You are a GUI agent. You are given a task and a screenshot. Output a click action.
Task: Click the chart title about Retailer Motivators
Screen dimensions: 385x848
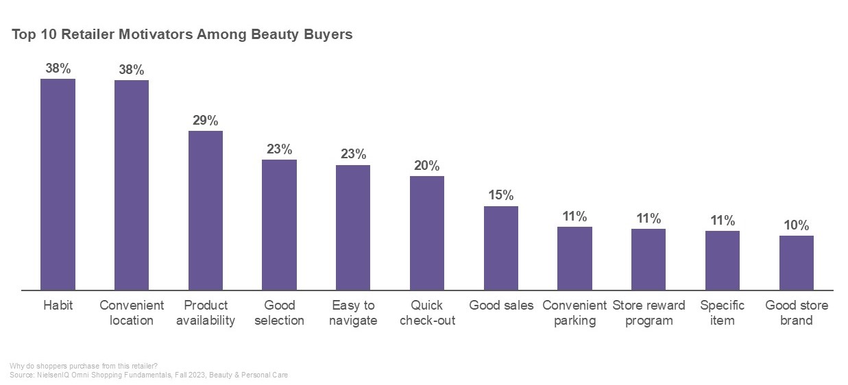[x=182, y=35]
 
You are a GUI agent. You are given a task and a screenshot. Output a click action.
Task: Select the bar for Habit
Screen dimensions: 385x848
[x=58, y=184]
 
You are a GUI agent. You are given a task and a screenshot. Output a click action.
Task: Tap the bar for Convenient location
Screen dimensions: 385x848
[x=132, y=185]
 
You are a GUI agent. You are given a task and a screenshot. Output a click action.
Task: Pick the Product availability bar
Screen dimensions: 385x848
[x=206, y=210]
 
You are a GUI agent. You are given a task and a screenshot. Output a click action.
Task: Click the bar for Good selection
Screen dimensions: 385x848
[x=279, y=225]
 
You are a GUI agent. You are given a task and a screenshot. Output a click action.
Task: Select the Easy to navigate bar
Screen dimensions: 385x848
[x=353, y=227]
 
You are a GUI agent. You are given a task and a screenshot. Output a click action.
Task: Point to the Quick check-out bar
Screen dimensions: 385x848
[x=427, y=233]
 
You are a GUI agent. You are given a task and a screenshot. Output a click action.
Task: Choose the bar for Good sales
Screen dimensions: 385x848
[x=501, y=248]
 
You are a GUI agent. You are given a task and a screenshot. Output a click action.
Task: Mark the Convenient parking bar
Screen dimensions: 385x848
[x=574, y=258]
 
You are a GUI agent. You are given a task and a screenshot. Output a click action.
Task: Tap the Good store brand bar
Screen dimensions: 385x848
[x=797, y=263]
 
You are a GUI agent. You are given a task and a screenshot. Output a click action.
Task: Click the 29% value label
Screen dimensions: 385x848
[x=206, y=121]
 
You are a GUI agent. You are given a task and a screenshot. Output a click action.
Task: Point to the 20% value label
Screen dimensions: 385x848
[x=427, y=166]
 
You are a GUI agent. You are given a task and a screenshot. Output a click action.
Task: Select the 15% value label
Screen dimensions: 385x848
[x=501, y=195]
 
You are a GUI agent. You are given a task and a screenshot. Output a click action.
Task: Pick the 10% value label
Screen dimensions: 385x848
[x=797, y=225]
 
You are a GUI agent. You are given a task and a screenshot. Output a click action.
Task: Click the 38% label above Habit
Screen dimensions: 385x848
[x=58, y=69]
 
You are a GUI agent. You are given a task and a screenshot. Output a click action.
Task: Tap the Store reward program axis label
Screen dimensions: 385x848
[x=649, y=313]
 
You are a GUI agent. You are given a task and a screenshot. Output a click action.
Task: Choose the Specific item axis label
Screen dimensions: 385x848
[x=723, y=313]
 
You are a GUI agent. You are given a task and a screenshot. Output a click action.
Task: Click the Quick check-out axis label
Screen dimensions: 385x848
[x=427, y=313]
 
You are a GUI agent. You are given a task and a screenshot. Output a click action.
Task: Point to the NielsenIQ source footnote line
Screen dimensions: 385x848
[x=149, y=375]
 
